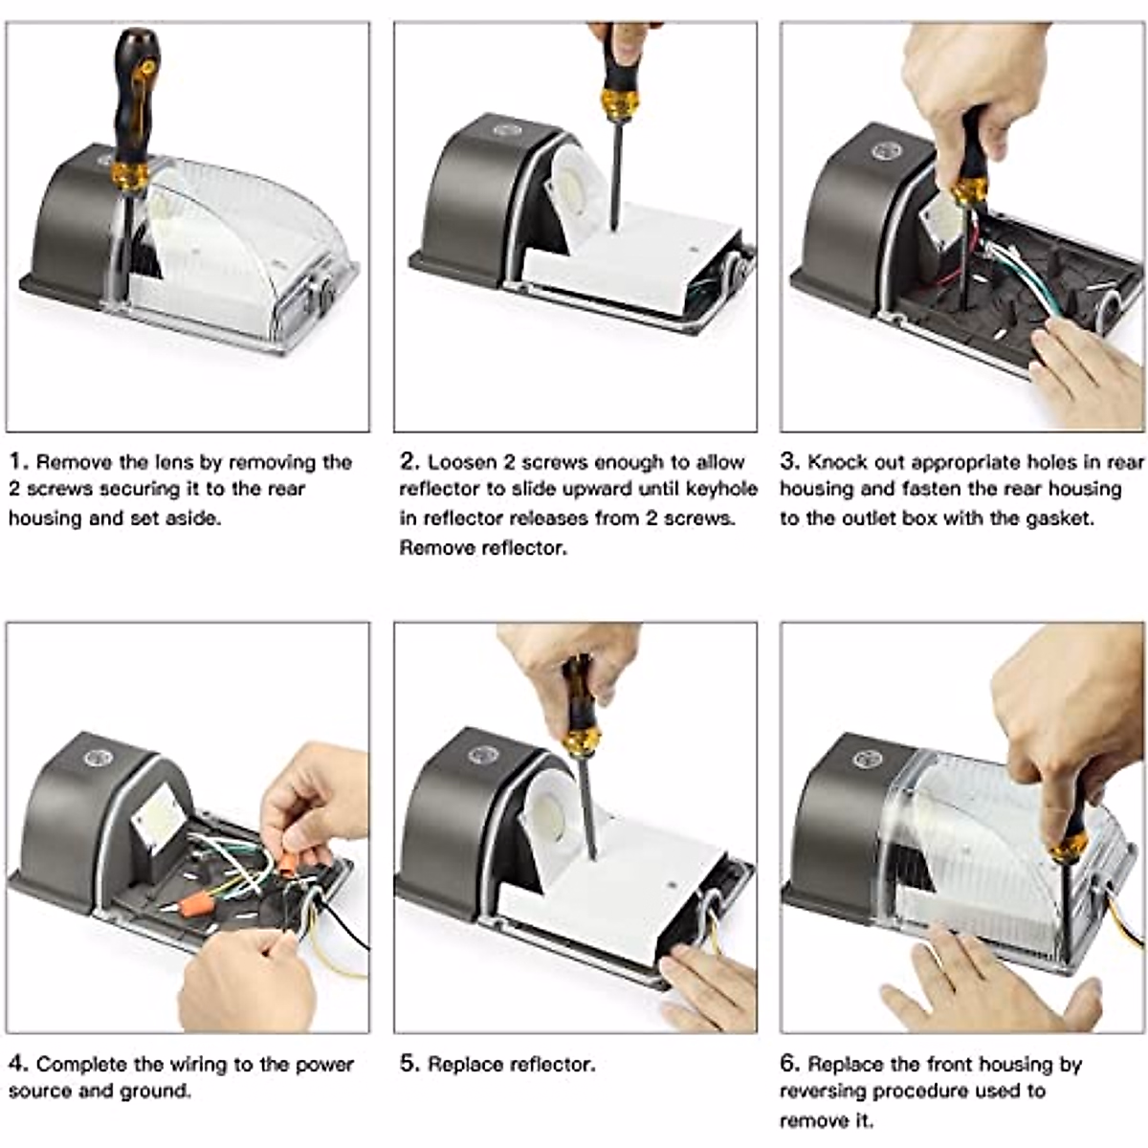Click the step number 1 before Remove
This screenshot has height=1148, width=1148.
pyautogui.click(x=16, y=462)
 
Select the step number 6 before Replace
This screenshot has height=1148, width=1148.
pyautogui.click(x=789, y=1064)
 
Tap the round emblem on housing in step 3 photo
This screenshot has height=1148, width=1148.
pyautogui.click(x=886, y=151)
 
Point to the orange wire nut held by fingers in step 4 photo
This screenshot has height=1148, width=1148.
pyautogui.click(x=288, y=865)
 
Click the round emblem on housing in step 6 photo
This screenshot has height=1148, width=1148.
pyautogui.click(x=868, y=760)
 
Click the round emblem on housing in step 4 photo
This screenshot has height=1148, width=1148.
pyautogui.click(x=98, y=759)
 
